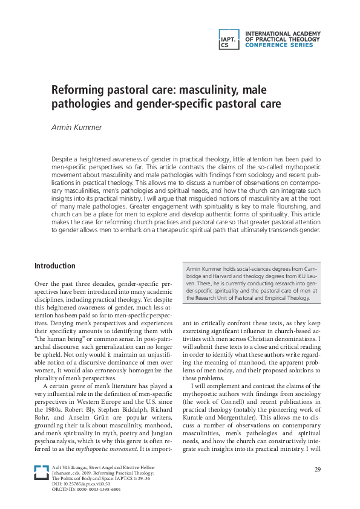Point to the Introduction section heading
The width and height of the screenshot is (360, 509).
pos(55,266)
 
